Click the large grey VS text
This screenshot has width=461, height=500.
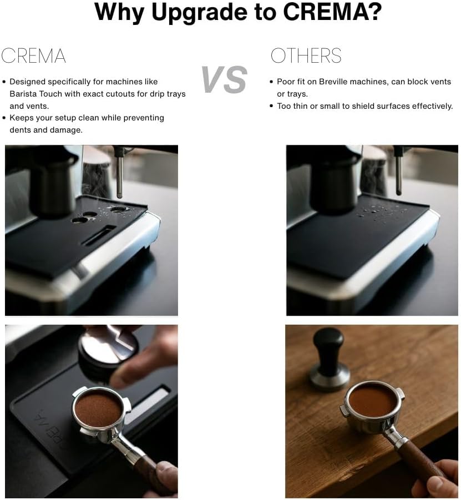click(x=224, y=79)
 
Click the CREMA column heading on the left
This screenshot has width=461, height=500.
click(x=33, y=56)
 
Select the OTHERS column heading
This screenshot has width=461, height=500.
click(x=306, y=56)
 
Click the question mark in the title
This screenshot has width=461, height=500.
click(x=375, y=12)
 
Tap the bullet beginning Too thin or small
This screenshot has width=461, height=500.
click(x=364, y=105)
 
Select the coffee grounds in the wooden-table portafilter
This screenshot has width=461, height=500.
click(x=372, y=400)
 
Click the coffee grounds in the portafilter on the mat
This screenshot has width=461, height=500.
click(x=98, y=409)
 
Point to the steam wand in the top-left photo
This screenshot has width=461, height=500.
click(x=119, y=172)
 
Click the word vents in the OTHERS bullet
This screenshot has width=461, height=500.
click(x=439, y=82)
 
